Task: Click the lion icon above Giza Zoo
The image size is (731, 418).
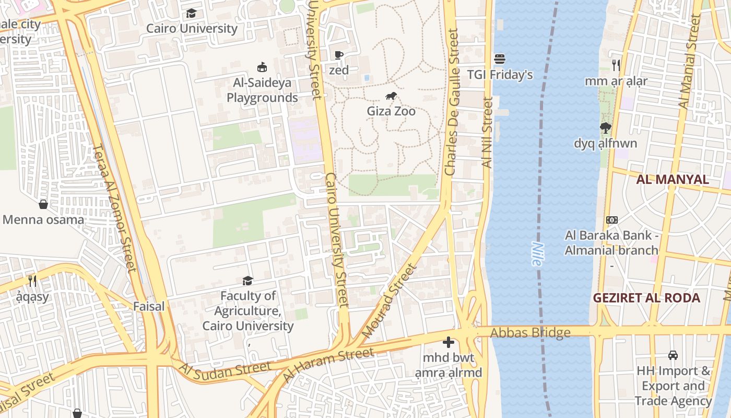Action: tap(391, 96)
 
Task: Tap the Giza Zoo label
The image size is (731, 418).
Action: tap(391, 111)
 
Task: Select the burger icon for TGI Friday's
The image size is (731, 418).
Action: tap(500, 59)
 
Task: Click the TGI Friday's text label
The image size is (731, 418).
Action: tap(500, 75)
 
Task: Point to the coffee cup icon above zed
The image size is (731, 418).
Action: tap(339, 55)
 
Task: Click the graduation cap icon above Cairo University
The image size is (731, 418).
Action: tap(192, 13)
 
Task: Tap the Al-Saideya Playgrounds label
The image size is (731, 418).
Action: tap(262, 90)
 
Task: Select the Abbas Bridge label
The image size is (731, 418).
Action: tap(530, 333)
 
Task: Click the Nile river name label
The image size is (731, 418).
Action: tap(537, 253)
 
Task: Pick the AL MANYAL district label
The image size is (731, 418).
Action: tap(672, 180)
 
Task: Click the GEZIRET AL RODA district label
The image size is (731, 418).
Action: tap(646, 298)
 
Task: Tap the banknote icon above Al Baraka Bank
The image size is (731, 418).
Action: tap(611, 220)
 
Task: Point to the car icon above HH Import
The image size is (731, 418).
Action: tap(673, 355)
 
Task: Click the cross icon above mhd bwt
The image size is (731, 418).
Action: tap(448, 343)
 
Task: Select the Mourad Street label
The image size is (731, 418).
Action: tap(390, 300)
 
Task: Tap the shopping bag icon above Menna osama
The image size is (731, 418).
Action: tap(43, 204)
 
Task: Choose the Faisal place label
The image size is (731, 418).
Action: tap(149, 306)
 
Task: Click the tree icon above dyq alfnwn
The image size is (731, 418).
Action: tap(605, 127)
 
